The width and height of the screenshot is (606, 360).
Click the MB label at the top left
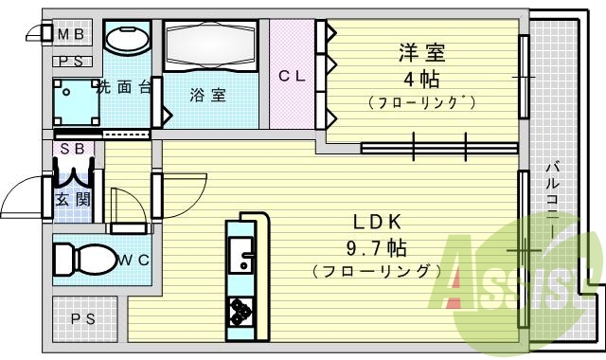(73, 35)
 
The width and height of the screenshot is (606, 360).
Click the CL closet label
(291, 77)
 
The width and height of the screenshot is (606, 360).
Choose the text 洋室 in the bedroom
(422, 52)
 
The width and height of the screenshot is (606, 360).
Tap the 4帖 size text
(422, 79)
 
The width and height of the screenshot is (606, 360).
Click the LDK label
(379, 223)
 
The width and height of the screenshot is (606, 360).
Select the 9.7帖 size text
(379, 249)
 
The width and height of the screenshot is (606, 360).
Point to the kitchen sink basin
(241, 255)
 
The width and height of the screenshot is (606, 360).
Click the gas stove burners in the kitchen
(239, 310)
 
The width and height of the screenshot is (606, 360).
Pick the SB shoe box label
(72, 150)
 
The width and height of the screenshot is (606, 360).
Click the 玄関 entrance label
(71, 199)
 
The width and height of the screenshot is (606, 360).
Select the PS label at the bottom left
(83, 318)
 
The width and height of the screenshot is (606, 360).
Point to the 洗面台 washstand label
(125, 88)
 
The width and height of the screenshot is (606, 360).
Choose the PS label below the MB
(73, 62)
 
